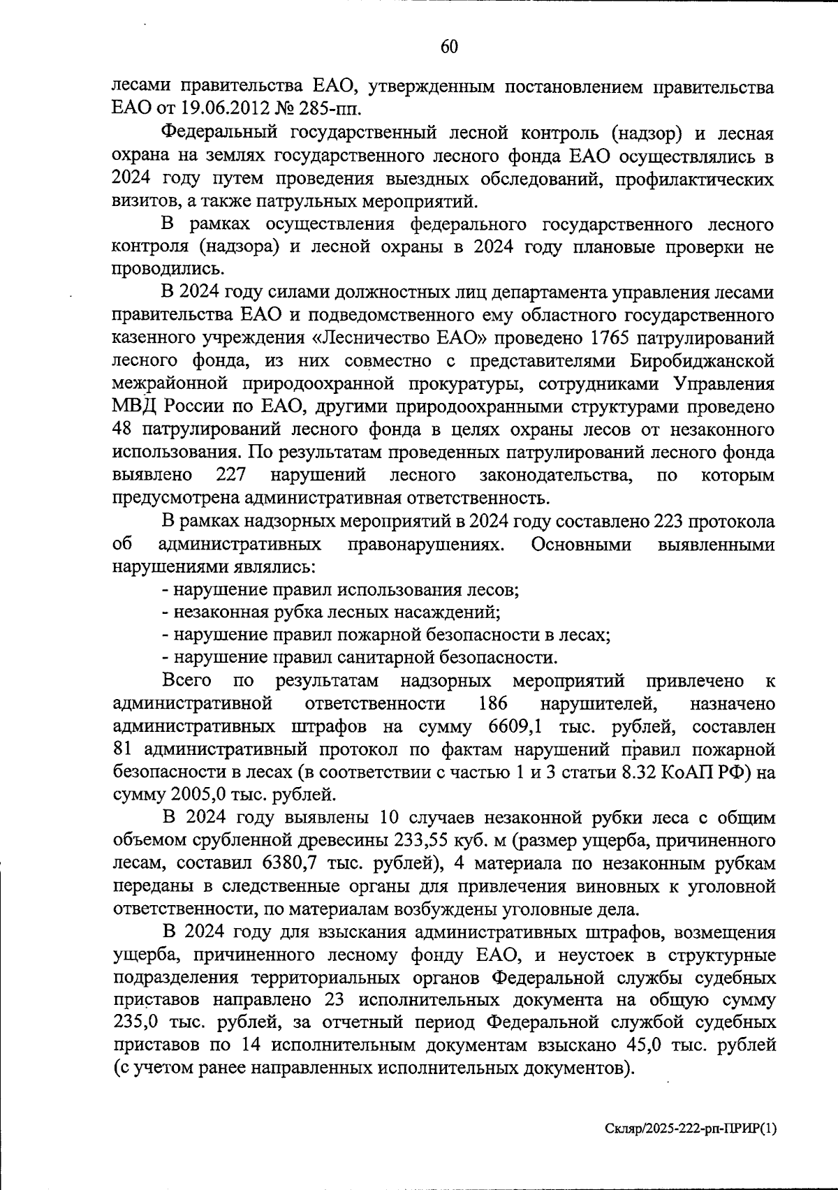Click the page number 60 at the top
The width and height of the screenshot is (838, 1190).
click(449, 47)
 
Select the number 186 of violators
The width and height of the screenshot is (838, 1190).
click(493, 703)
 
